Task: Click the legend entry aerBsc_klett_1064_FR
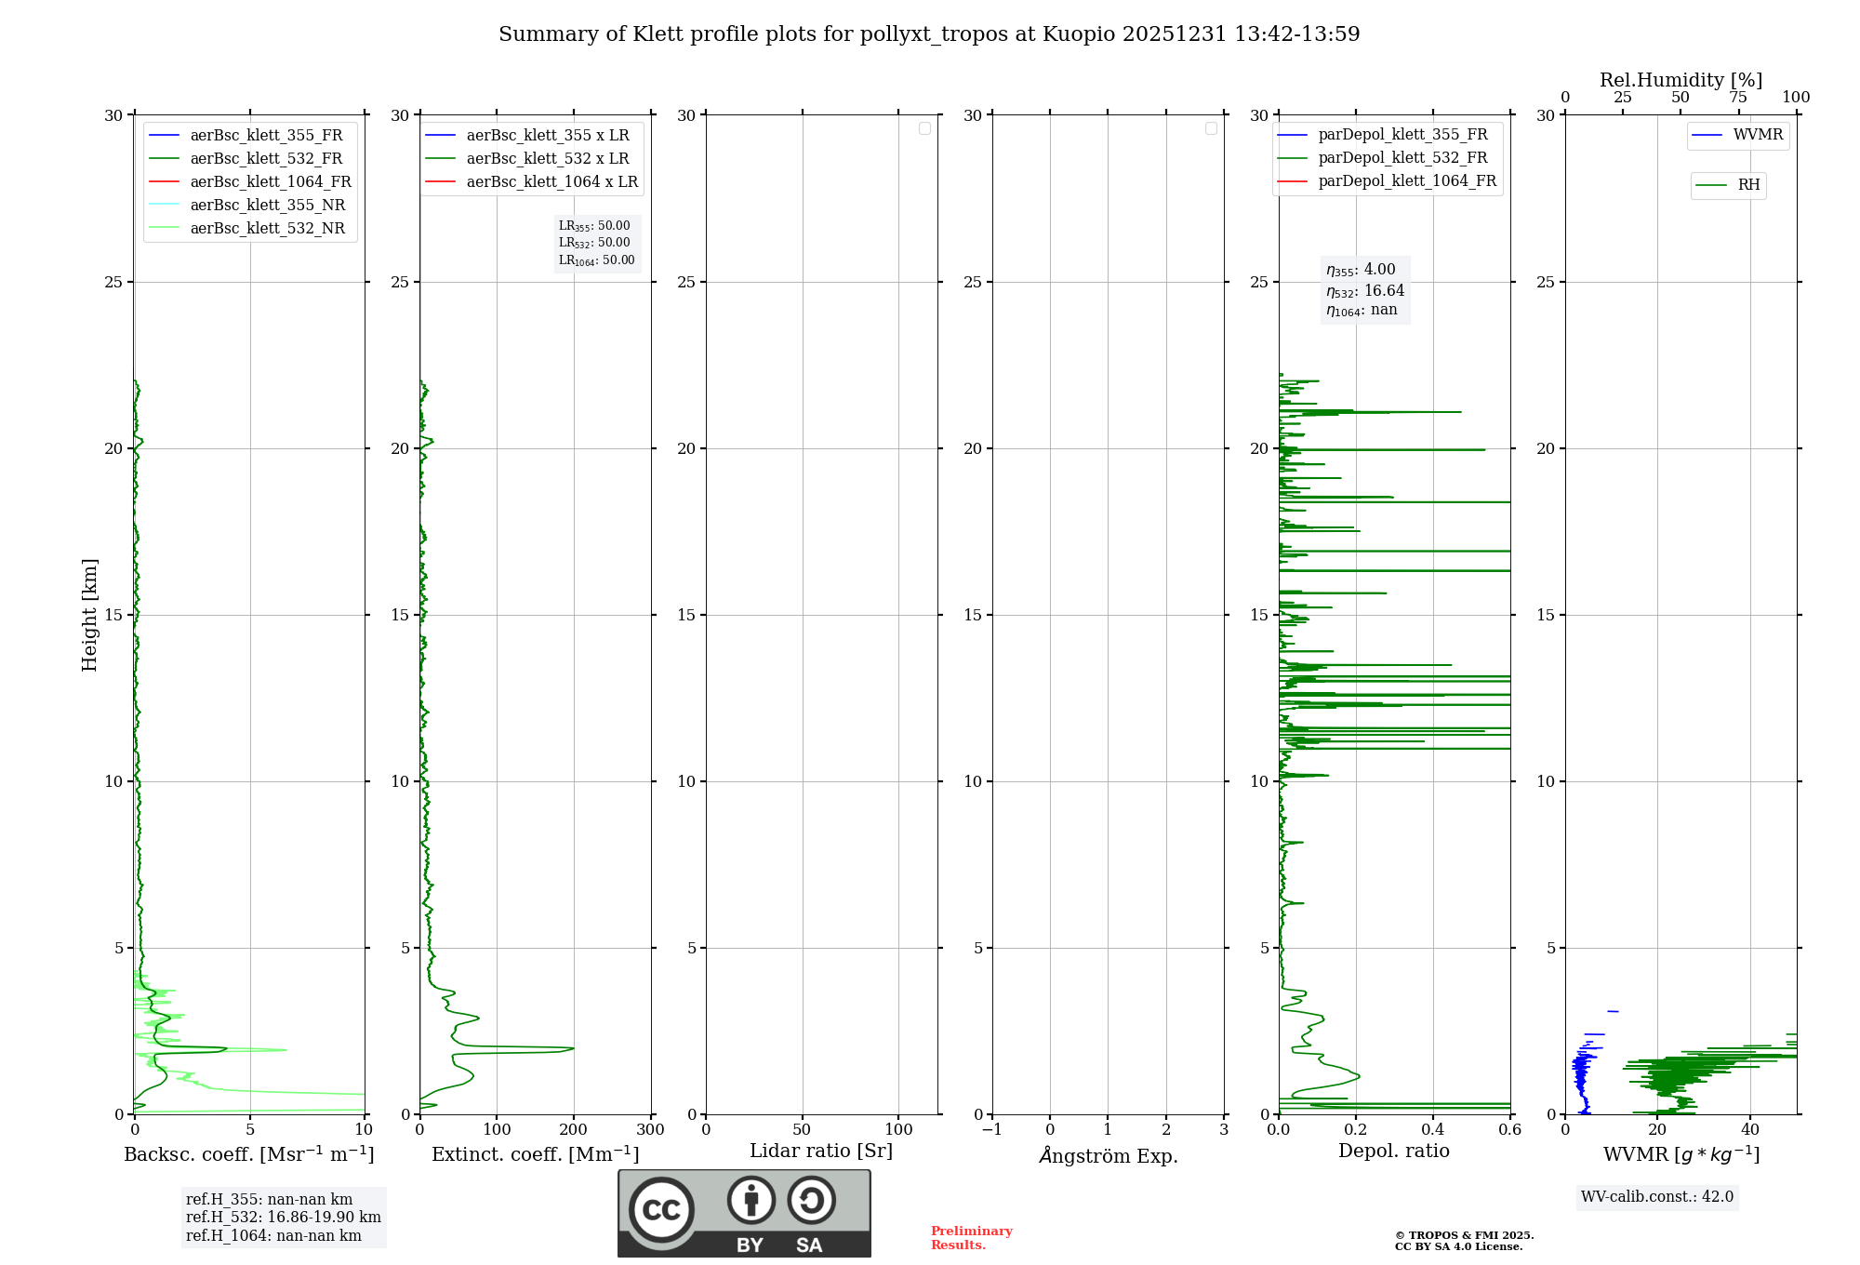[x=270, y=182]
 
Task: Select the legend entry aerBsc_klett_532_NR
[x=267, y=229]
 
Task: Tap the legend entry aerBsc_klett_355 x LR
[x=547, y=136]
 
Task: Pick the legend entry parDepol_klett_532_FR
[x=1402, y=158]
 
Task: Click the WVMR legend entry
[x=1758, y=135]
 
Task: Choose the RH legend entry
[x=1748, y=185]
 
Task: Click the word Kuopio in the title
[x=1079, y=34]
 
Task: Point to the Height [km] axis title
[x=89, y=615]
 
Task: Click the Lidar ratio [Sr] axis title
[x=821, y=1152]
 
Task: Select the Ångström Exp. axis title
[x=1109, y=1156]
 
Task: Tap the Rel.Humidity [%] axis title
[x=1681, y=80]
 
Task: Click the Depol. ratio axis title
[x=1393, y=1152]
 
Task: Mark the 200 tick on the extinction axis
[x=574, y=1130]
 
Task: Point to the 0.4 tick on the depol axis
[x=1433, y=1130]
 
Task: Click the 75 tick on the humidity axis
[x=1738, y=98]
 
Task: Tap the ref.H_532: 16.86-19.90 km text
[x=283, y=1218]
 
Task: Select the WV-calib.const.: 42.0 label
[x=1657, y=1197]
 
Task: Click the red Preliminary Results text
[x=971, y=1238]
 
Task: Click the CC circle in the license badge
[x=661, y=1210]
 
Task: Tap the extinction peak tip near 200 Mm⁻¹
[x=573, y=1048]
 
